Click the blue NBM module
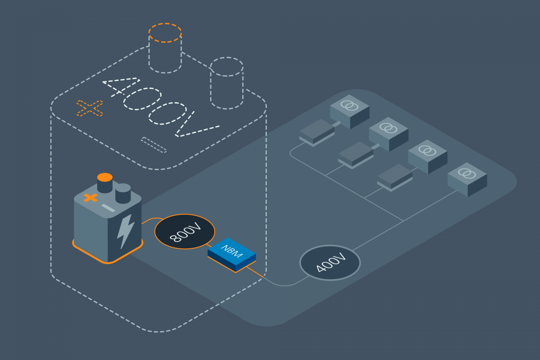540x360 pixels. point(232,254)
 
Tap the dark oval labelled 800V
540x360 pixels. point(184,231)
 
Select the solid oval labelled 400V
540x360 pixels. point(330,263)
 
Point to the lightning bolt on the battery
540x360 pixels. point(126,231)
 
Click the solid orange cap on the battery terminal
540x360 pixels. point(105,177)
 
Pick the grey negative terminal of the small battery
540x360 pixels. point(123,193)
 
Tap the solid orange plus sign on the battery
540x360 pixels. point(90,198)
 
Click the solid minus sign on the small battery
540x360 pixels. point(108,208)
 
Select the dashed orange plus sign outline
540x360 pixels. point(90,108)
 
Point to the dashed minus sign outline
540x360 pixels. point(153,145)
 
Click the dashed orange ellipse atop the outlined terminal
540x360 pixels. point(165,33)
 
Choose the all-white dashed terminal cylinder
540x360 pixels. point(227,83)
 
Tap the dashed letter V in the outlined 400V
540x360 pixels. point(197,124)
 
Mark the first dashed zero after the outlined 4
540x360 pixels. point(142,99)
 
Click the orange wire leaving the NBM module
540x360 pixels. point(255,272)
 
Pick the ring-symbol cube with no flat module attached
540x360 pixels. point(467,180)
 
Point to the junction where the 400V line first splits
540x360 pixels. point(403,221)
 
